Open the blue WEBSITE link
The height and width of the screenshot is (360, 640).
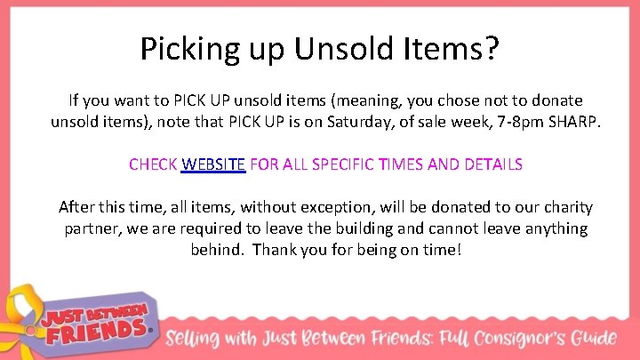point(213,164)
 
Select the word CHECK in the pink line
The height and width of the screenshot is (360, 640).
point(153,164)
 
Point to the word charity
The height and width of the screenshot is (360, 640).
point(564,208)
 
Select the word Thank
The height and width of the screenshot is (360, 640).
point(275,249)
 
